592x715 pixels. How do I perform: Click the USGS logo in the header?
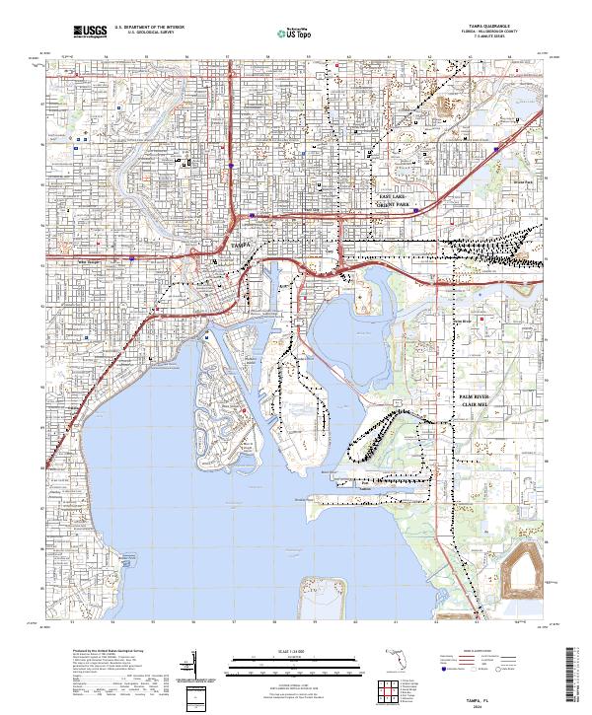(88, 33)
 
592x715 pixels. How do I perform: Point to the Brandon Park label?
(522, 181)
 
